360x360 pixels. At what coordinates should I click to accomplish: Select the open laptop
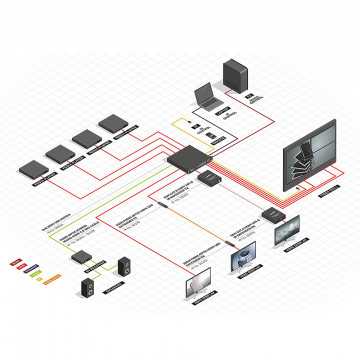pos(207,96)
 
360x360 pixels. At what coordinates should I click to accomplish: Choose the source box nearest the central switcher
pos(115,125)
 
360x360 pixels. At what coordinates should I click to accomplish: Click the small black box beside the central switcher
pos(211,178)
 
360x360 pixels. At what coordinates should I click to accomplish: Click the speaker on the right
pos(125,267)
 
